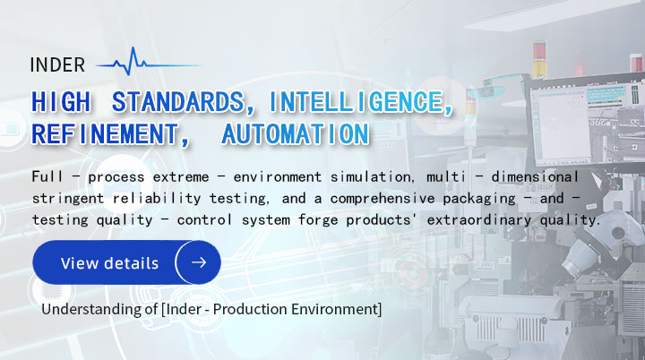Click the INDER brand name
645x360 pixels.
pos(57,65)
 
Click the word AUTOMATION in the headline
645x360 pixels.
pos(296,135)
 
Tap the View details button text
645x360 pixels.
pos(109,263)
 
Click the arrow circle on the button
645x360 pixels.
pos(198,262)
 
